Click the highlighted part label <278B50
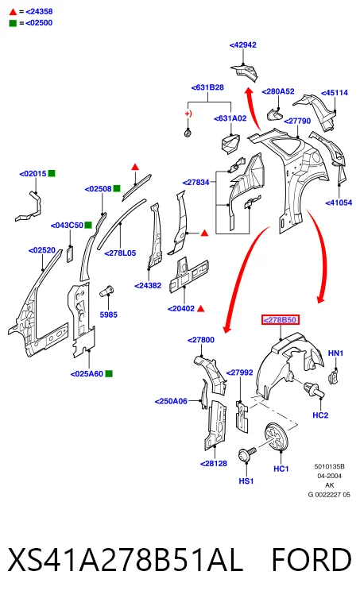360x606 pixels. pyautogui.click(x=280, y=319)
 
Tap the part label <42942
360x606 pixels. pyautogui.click(x=243, y=44)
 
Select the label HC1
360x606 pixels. pyautogui.click(x=281, y=469)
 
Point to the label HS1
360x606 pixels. pyautogui.click(x=246, y=481)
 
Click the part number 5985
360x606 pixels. pyautogui.click(x=108, y=315)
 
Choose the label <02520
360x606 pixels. pyautogui.click(x=42, y=250)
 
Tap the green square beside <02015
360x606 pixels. pyautogui.click(x=52, y=173)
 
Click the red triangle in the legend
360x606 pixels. pyautogui.click(x=14, y=12)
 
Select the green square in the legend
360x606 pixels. pyautogui.click(x=13, y=23)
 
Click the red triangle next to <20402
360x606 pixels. pyautogui.click(x=201, y=308)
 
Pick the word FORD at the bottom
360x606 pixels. pyautogui.click(x=312, y=560)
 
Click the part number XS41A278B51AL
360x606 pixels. pyautogui.click(x=126, y=560)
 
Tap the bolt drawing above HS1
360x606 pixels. pyautogui.click(x=247, y=454)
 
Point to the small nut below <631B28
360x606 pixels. pyautogui.click(x=188, y=133)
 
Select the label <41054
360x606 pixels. pyautogui.click(x=339, y=203)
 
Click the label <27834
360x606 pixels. pyautogui.click(x=195, y=182)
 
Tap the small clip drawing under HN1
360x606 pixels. pyautogui.click(x=333, y=376)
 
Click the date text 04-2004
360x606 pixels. pyautogui.click(x=329, y=476)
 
